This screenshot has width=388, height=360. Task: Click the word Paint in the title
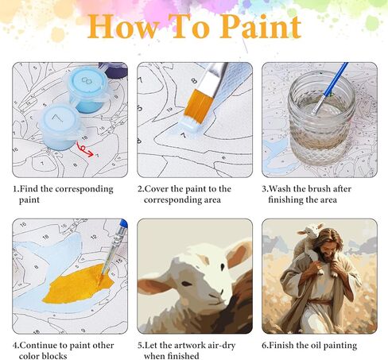[x=261, y=26]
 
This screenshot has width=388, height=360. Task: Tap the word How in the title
[x=122, y=26]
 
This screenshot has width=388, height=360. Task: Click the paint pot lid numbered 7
[x=58, y=119]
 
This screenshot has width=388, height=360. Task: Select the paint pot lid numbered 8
[x=87, y=80]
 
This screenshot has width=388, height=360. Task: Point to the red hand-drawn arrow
[x=84, y=149]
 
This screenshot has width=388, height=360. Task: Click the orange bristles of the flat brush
[x=199, y=104]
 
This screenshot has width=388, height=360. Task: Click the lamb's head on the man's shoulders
[x=312, y=230]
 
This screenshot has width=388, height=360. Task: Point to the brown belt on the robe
[x=320, y=302]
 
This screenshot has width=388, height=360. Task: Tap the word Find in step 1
[x=29, y=189]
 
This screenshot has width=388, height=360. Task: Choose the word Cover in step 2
[x=156, y=189]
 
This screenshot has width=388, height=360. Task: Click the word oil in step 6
[x=316, y=346]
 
